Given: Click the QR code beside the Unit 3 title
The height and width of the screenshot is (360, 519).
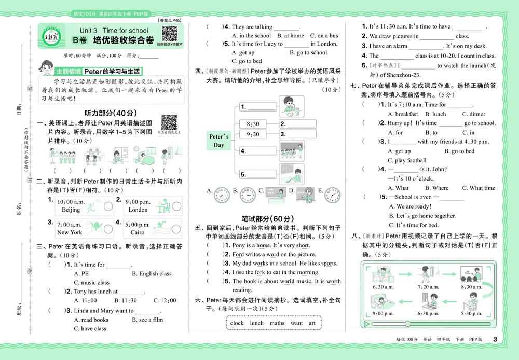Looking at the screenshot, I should (x=170, y=33).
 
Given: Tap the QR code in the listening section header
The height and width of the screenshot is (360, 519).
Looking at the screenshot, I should (x=169, y=122).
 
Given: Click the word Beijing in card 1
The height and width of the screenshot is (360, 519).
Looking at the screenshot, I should (x=71, y=210).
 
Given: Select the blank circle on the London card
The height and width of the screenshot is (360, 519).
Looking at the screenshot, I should (x=175, y=206).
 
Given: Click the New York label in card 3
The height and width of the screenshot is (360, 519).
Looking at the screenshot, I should (x=70, y=232).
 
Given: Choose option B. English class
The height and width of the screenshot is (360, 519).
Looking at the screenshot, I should (x=152, y=273).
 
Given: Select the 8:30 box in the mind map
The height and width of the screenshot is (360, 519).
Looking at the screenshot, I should (x=253, y=124).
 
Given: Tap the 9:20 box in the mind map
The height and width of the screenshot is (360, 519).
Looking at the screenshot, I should (x=253, y=134).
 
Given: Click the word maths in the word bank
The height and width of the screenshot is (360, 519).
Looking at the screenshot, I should (x=277, y=323).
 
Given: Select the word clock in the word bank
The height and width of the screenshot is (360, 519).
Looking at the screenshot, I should (x=237, y=323).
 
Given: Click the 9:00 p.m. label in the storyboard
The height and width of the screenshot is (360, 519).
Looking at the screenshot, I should (x=383, y=313).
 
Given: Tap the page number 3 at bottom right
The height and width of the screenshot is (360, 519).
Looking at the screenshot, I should (x=495, y=339).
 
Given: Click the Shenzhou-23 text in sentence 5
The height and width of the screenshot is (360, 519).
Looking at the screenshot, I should (x=386, y=74).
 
